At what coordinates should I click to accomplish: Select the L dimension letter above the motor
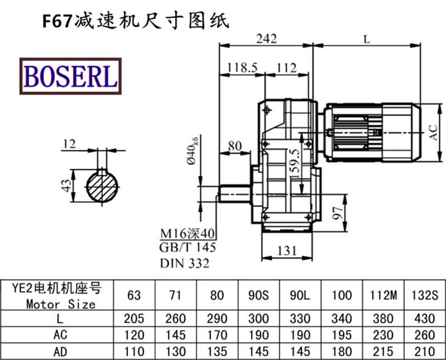[x=366, y=39]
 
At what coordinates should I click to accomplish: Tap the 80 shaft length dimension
[x=235, y=146]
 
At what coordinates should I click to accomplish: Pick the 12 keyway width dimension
[x=69, y=144]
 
